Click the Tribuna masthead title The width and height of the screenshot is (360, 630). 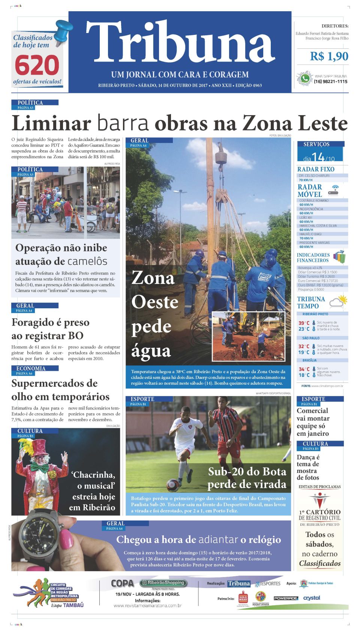coord(180,42)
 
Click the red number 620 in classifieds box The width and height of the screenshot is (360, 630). coord(37,66)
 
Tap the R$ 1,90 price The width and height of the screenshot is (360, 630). coord(329,56)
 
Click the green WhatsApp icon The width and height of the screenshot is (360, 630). coord(305,79)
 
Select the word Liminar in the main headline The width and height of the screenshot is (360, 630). coord(51,123)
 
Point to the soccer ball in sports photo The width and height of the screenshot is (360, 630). coord(173,485)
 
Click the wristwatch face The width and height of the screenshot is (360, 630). coord(38,538)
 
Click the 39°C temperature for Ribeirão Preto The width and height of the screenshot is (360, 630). coord(304,323)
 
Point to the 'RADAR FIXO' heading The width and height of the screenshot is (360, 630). coord(316,169)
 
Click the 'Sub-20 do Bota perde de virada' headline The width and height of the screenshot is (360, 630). coord(247,477)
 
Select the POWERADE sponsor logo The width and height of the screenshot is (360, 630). coord(286,598)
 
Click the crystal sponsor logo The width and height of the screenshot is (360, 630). coord(312,598)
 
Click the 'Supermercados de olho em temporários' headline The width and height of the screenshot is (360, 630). coord(60,390)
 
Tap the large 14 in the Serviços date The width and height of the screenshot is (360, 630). coord(318,156)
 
